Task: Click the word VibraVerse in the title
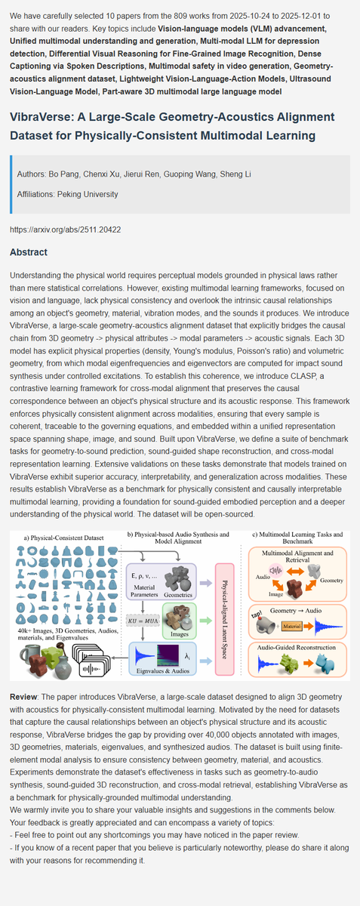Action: tap(45, 118)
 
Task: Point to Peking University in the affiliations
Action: tap(91, 194)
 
